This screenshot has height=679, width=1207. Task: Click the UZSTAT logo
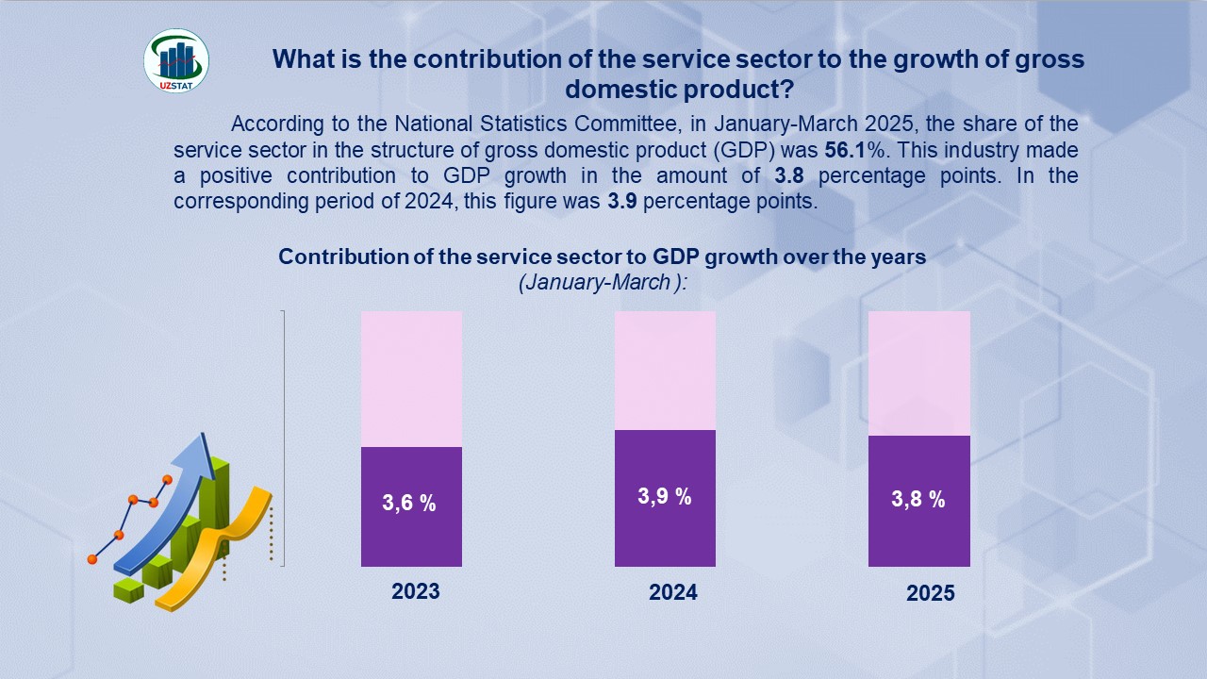click(176, 60)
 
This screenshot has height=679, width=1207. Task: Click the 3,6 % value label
click(409, 504)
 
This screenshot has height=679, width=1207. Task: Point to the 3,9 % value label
click(665, 497)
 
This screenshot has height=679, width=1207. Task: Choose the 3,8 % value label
click(918, 500)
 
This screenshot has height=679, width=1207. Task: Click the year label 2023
click(416, 591)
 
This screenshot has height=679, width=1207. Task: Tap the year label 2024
click(673, 592)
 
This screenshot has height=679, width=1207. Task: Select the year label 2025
click(931, 593)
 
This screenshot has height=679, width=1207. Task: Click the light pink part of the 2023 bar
click(411, 378)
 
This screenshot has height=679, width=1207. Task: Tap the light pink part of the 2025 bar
click(918, 373)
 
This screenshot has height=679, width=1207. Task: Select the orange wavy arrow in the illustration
click(223, 547)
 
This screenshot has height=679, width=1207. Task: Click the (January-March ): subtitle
click(603, 282)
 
